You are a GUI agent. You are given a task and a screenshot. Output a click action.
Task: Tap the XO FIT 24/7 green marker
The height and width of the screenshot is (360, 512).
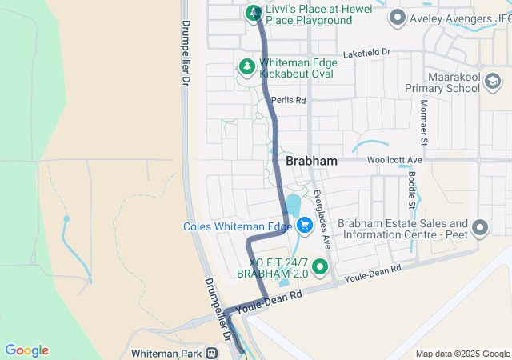[321, 266]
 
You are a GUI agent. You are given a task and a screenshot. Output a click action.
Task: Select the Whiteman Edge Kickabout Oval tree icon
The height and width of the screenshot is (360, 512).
[248, 66]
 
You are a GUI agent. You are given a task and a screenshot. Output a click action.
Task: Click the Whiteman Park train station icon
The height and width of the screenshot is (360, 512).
[212, 352]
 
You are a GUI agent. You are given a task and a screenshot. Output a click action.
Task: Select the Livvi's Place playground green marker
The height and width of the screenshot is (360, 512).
[254, 13]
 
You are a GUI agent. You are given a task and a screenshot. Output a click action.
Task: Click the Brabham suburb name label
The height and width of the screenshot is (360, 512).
[311, 161]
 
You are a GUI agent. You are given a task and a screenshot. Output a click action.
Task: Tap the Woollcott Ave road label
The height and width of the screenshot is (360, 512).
[394, 160]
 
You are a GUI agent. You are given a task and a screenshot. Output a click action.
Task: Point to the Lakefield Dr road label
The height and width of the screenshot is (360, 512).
[366, 53]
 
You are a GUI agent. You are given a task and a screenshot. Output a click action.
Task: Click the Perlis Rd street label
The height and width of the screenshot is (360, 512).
[289, 101]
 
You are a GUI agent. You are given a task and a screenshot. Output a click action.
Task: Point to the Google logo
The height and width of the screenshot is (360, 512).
[26, 350]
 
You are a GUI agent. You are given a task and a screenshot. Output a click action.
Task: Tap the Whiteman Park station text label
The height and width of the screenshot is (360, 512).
[166, 352]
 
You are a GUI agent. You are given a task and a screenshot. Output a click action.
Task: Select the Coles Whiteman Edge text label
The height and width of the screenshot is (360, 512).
[238, 226]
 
